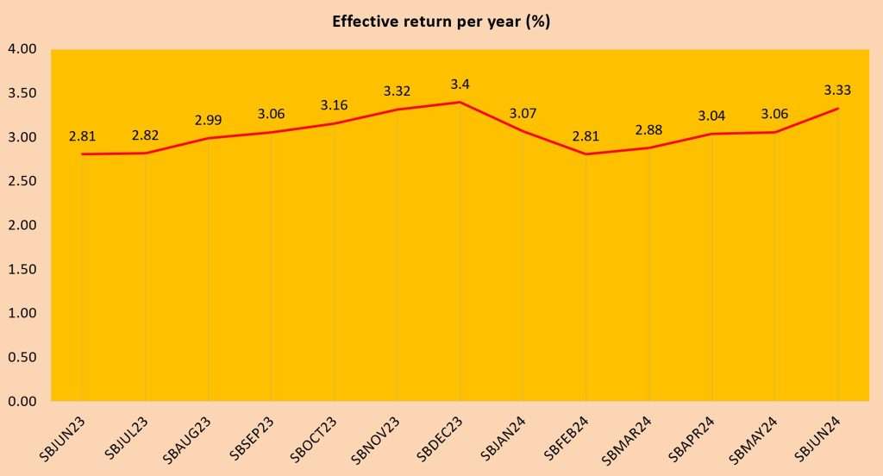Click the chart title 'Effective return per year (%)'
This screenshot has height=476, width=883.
pyautogui.click(x=441, y=22)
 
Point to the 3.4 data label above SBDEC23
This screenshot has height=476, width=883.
pyautogui.click(x=459, y=85)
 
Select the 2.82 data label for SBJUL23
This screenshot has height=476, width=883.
pyautogui.click(x=145, y=135)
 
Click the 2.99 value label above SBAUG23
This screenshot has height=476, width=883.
pyautogui.click(x=208, y=120)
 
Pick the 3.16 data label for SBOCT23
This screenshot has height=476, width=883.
pyautogui.click(x=334, y=105)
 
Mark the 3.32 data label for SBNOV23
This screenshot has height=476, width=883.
pyautogui.click(x=397, y=91)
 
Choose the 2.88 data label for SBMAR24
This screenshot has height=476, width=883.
pyautogui.click(x=648, y=130)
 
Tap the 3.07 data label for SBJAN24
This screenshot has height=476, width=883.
pyautogui.click(x=523, y=113)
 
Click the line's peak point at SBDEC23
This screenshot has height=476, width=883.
pyautogui.click(x=460, y=102)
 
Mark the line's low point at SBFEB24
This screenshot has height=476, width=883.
pyautogui.click(x=586, y=154)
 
